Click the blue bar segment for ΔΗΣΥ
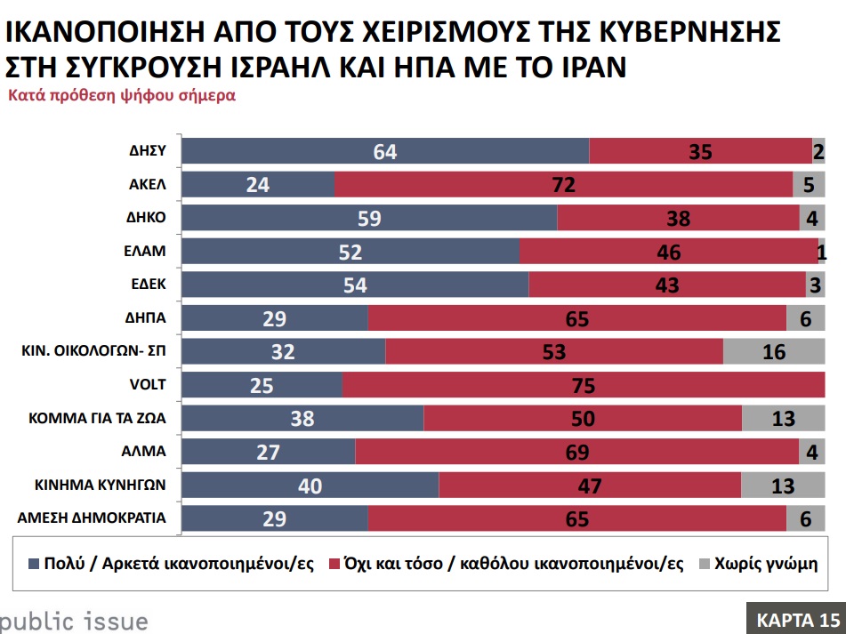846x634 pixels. pyautogui.click(x=385, y=151)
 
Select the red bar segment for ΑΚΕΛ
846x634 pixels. pyautogui.click(x=563, y=185)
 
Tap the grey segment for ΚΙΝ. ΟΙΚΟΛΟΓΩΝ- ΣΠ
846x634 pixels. pyautogui.click(x=774, y=351)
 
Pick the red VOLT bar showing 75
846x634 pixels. pyautogui.click(x=584, y=385)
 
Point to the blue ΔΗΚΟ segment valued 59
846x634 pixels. pyautogui.click(x=369, y=218)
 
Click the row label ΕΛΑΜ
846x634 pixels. pyautogui.click(x=148, y=252)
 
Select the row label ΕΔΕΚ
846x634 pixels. pyautogui.click(x=148, y=285)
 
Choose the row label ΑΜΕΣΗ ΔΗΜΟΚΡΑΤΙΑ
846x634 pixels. pyautogui.click(x=101, y=518)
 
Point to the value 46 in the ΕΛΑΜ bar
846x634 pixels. pyautogui.click(x=667, y=253)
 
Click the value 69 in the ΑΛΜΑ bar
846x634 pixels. pyautogui.click(x=576, y=452)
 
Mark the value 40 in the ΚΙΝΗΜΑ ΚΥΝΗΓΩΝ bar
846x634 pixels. pyautogui.click(x=310, y=486)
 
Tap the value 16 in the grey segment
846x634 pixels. pyautogui.click(x=774, y=352)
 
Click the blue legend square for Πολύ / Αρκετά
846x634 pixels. pyautogui.click(x=35, y=564)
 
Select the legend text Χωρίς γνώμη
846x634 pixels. pyautogui.click(x=766, y=564)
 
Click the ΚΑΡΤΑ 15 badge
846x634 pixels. pyautogui.click(x=796, y=619)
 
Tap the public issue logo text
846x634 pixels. pyautogui.click(x=73, y=620)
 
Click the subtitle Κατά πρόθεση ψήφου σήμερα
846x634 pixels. pyautogui.click(x=122, y=95)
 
